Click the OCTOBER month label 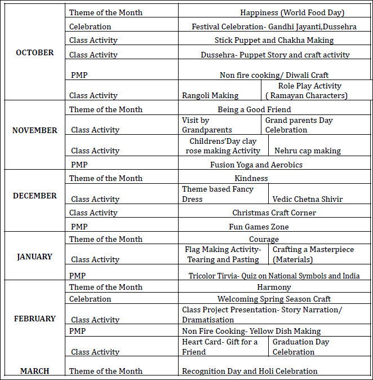[35, 52]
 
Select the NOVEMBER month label [35, 130]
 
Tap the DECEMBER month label [35, 196]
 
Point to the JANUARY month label [34, 257]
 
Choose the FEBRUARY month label [35, 319]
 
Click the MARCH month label [35, 371]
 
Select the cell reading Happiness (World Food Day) [292, 12]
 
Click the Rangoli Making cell [210, 95]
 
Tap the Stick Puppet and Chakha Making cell [274, 40]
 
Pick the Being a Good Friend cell [254, 109]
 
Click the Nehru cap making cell [308, 151]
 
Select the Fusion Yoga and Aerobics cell [256, 165]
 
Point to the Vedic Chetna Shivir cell [308, 199]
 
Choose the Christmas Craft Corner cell [274, 213]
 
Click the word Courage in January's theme [264, 239]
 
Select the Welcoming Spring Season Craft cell [274, 299]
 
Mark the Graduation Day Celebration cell [301, 347]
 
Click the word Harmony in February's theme [274, 287]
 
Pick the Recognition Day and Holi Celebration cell [250, 371]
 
